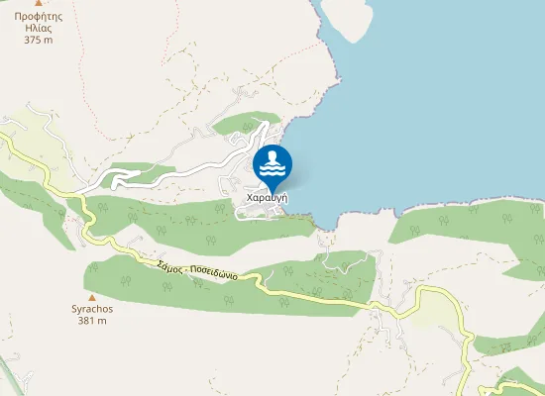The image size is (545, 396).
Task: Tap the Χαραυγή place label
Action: pos(267,198)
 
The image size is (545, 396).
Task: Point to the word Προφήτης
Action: pos(39,17)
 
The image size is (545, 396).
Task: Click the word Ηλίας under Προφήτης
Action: pos(39,29)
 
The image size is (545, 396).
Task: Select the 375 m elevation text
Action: pos(39,40)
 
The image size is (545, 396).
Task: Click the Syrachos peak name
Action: pos(92,309)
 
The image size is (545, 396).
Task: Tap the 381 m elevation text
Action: pos(92,321)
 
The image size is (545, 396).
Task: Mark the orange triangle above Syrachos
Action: pos(92,296)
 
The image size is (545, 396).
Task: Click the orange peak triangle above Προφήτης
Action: pos(39,4)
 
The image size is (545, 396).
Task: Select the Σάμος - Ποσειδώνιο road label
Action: pos(196,269)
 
